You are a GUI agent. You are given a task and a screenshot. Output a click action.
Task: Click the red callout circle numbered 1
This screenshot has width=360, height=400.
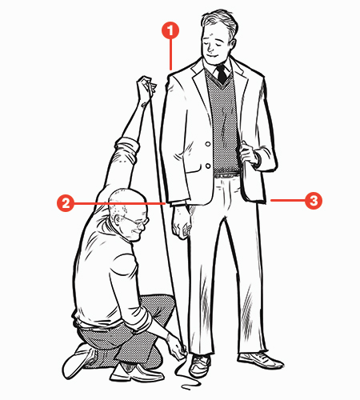[170, 30]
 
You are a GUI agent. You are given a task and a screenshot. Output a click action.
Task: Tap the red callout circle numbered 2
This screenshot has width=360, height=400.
[66, 203]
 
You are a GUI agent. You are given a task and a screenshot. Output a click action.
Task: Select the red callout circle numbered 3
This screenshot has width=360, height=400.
[314, 200]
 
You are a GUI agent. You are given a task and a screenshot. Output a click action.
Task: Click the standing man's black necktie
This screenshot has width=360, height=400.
[222, 74]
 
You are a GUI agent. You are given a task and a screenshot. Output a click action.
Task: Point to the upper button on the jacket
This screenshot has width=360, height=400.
[208, 144]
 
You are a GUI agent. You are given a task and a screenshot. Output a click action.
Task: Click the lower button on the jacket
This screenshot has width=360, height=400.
[208, 166]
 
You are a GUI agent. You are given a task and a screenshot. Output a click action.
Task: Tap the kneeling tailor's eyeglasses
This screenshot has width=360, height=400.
[138, 221]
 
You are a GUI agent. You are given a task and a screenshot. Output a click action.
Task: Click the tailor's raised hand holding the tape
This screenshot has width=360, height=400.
[146, 86]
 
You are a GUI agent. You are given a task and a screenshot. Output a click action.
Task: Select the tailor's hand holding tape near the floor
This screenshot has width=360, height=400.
[177, 346]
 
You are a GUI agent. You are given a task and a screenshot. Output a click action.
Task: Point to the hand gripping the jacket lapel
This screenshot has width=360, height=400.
[247, 154]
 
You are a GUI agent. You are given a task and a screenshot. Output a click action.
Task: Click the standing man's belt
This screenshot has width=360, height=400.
[227, 175]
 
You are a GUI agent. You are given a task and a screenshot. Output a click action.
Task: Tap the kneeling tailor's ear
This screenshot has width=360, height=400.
[118, 219]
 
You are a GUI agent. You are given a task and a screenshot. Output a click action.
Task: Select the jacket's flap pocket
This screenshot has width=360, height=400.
[193, 170]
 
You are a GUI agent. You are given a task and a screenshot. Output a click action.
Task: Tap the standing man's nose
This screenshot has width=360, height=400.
[210, 48]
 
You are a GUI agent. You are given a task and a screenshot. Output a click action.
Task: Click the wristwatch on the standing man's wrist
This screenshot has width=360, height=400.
[258, 159]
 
